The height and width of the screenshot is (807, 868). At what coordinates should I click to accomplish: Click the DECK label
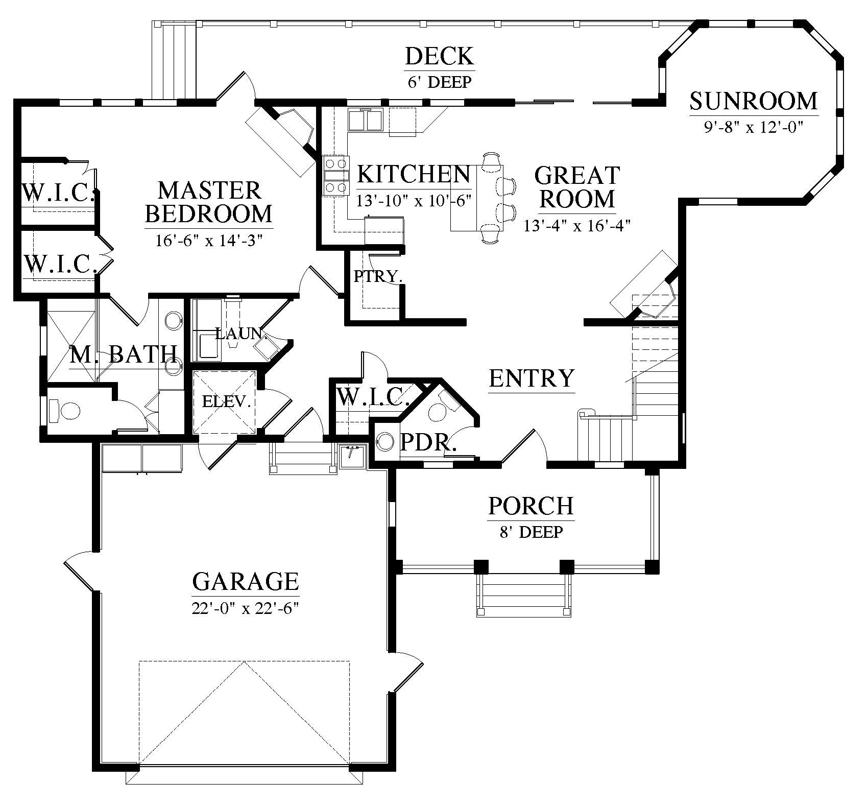[440, 56]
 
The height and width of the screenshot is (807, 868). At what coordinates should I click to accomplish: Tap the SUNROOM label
[753, 101]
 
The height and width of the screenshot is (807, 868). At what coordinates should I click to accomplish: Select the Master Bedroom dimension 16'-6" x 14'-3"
[209, 240]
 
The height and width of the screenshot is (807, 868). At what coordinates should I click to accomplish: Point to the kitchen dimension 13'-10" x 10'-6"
[414, 201]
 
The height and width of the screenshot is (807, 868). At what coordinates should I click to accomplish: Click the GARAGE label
[245, 581]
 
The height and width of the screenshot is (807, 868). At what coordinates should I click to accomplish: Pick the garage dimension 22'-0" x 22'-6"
[245, 608]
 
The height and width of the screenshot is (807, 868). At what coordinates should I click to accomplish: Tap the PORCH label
[531, 506]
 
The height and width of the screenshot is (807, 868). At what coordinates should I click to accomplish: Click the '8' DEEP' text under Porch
[531, 532]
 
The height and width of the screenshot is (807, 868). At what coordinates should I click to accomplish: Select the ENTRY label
[532, 378]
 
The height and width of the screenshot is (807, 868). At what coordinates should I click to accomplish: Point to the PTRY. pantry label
[378, 276]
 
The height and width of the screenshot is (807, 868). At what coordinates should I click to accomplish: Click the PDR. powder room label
[428, 442]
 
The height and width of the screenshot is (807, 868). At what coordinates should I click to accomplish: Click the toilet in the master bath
[65, 410]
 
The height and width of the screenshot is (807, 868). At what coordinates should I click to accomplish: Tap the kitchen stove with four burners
[334, 176]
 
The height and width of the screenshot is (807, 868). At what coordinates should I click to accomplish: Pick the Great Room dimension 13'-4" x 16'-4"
[577, 225]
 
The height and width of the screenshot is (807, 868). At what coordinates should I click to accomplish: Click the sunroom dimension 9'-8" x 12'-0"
[753, 127]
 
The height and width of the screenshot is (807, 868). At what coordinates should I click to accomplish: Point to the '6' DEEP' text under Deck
[440, 82]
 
